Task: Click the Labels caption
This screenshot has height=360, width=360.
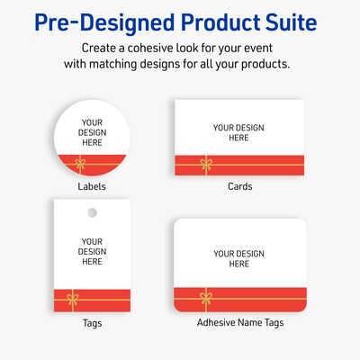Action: point(92,187)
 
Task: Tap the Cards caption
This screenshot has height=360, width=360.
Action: point(239,186)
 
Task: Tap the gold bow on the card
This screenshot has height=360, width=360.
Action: point(205,165)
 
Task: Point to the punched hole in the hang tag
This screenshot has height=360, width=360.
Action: point(92,212)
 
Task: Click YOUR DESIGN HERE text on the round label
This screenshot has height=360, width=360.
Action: point(93,132)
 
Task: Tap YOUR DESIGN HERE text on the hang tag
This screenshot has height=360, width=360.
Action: point(92,251)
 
